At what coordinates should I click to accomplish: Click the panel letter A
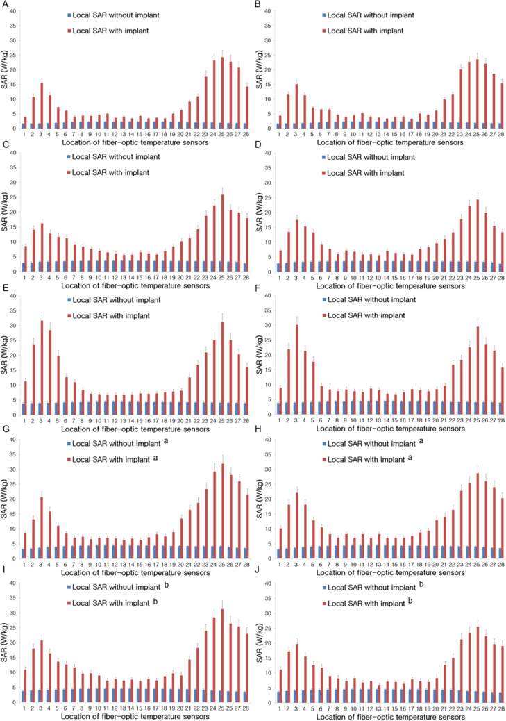pyautogui.click(x=5, y=6)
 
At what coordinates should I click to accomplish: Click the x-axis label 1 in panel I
pyautogui.click(x=24, y=703)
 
